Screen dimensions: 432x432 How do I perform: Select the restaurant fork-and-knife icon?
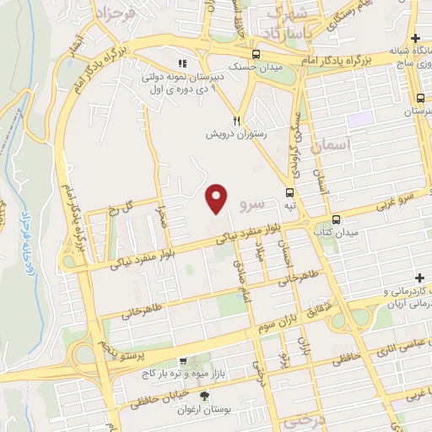coord(238,121)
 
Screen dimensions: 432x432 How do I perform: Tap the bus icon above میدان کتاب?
coord(336,217)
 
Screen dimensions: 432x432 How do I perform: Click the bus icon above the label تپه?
coord(290,192)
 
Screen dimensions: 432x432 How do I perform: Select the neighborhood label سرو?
coord(252,205)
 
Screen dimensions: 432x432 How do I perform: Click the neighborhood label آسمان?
coord(329,144)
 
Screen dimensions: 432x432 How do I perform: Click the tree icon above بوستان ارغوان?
coord(203,396)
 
